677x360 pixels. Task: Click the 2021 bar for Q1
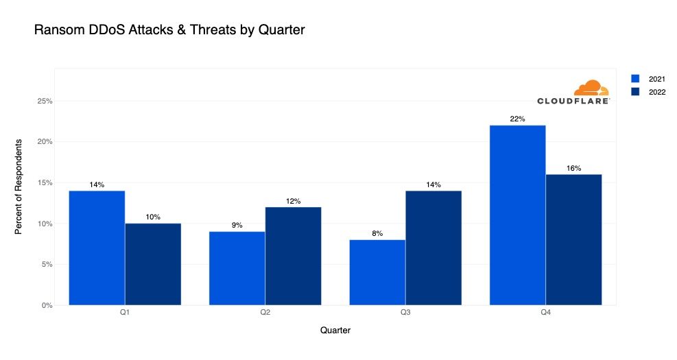[97, 248]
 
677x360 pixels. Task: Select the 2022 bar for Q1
[153, 264]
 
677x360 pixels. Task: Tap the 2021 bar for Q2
[237, 268]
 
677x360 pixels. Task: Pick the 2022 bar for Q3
[433, 248]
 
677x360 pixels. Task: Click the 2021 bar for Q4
[518, 215]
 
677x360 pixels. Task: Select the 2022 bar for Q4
[574, 239]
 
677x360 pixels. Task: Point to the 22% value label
[518, 119]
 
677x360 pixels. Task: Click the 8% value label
[377, 233]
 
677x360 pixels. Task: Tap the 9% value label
[237, 225]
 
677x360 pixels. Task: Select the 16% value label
[574, 168]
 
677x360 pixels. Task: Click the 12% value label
[293, 201]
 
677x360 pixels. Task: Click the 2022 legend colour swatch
[635, 92]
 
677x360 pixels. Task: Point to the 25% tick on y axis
[45, 101]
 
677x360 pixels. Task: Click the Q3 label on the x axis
[405, 313]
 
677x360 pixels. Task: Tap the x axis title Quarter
[335, 331]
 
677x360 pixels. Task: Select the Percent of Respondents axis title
[19, 186]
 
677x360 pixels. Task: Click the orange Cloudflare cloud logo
[591, 88]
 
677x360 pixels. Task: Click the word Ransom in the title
[56, 30]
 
